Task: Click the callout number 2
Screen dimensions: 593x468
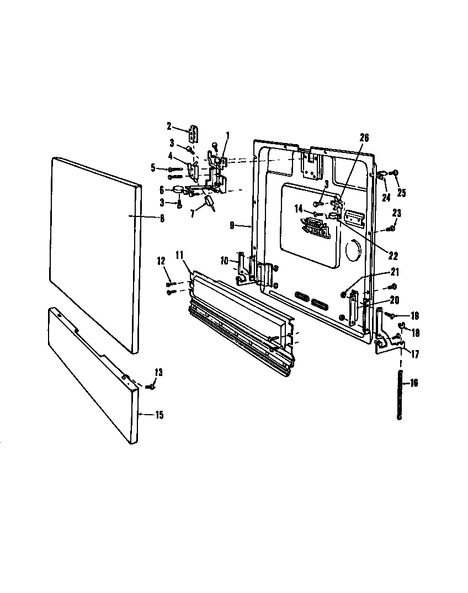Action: tap(169, 126)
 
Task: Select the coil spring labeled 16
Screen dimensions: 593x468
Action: tap(399, 396)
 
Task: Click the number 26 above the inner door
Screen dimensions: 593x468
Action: tap(364, 138)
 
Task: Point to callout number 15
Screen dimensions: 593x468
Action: tap(159, 415)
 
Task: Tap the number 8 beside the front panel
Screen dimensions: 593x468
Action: tap(162, 218)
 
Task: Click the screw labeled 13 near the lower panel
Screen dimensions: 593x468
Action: tap(149, 387)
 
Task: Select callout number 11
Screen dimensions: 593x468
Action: tap(179, 255)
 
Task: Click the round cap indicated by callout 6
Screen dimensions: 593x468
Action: tap(178, 189)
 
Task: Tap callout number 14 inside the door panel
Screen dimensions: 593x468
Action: tap(299, 209)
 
